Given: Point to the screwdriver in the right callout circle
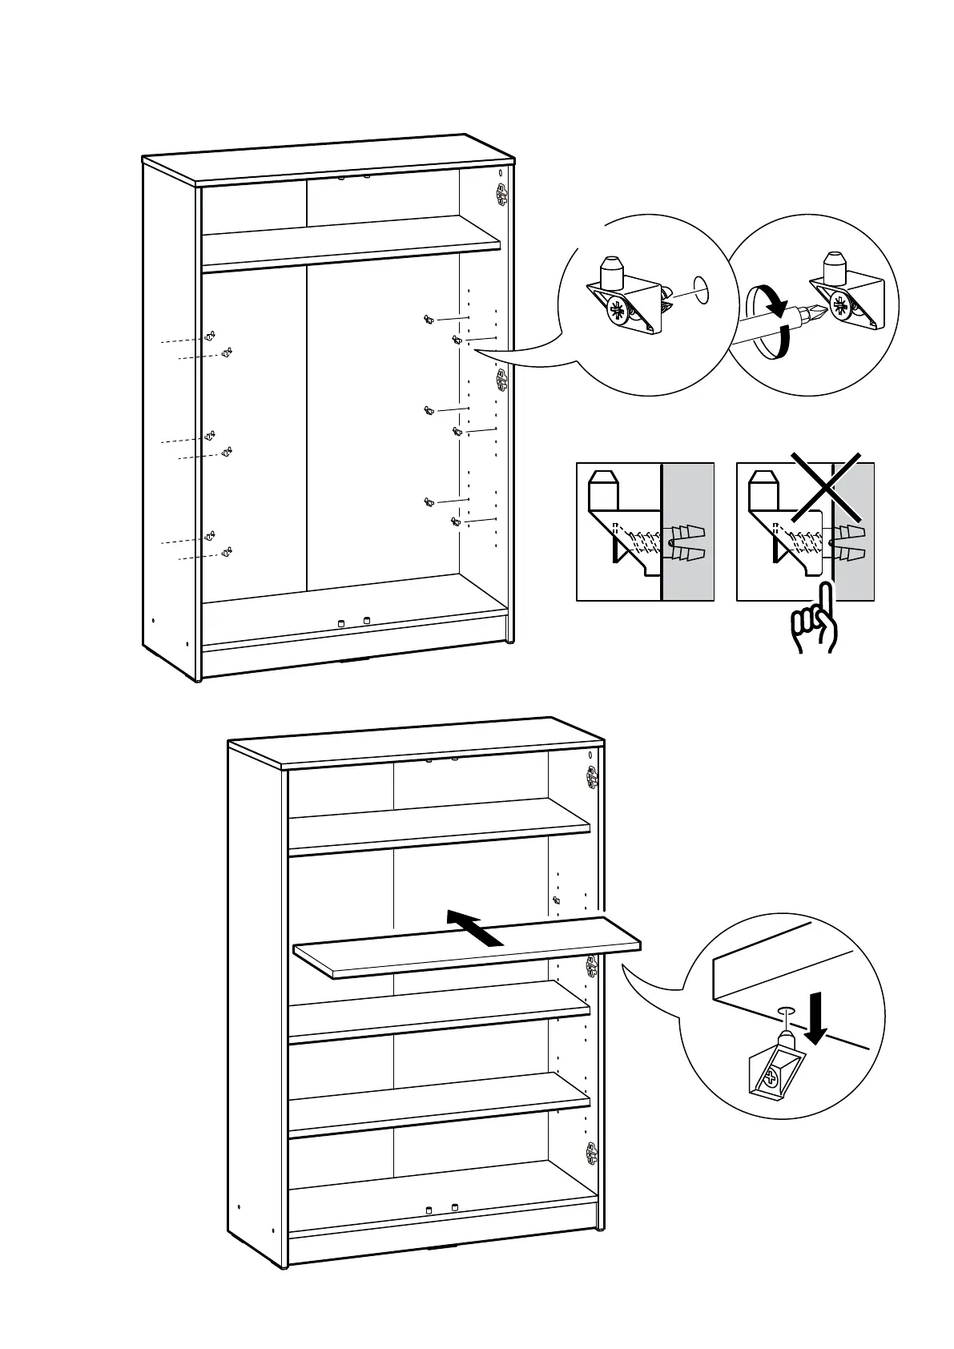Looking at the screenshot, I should pos(781,324).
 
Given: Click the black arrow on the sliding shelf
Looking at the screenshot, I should pos(475,928).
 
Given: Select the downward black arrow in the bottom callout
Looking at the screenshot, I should pos(815,1019).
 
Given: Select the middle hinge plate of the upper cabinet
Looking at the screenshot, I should pos(502,379).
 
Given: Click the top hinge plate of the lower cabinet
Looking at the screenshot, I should pos(592,775).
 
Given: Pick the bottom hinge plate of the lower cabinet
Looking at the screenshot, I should pos(592,1154).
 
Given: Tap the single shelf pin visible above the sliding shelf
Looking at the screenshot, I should pos(557,902).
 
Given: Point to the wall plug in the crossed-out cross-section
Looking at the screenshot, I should pos(848,542).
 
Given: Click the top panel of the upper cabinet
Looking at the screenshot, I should pos(328,159).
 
